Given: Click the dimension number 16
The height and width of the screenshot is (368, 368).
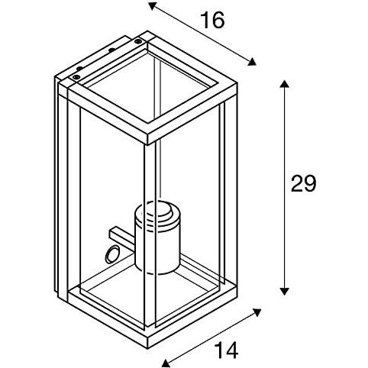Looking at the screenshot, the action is [x=213, y=21].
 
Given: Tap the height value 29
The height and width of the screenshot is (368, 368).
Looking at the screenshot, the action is [x=303, y=183].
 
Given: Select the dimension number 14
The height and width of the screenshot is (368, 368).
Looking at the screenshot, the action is [x=226, y=350].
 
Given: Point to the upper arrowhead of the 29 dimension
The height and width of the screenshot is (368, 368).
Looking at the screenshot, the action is [x=284, y=84].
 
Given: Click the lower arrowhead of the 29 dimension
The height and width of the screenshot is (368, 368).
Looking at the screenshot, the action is [x=284, y=291].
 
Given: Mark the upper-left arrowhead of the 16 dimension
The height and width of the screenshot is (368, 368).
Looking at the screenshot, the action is [x=152, y=5].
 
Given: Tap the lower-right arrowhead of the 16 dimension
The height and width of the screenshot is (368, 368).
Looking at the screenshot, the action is [x=252, y=62].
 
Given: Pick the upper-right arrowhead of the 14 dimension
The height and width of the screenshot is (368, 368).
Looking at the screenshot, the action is [x=257, y=312].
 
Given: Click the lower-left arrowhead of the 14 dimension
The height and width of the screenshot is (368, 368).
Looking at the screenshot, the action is [x=166, y=363].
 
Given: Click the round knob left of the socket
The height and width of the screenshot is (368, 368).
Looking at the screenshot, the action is [x=112, y=254].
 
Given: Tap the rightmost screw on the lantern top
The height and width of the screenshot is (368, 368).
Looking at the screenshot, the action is [x=138, y=41].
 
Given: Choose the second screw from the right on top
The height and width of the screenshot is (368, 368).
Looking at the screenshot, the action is [x=111, y=50].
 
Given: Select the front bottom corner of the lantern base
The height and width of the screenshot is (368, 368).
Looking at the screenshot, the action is [x=148, y=344].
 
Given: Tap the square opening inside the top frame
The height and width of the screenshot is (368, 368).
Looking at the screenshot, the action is [x=150, y=86].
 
